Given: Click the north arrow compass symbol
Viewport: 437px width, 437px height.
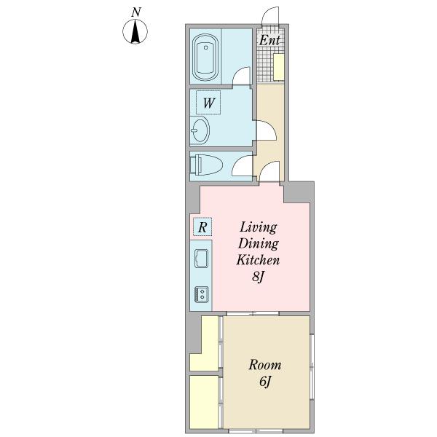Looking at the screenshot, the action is click(135, 31).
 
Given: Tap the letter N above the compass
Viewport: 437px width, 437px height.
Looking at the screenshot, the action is click(136, 12).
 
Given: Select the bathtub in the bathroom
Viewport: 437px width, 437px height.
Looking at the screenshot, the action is click(205, 58).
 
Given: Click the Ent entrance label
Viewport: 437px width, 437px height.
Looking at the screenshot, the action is click(269, 40).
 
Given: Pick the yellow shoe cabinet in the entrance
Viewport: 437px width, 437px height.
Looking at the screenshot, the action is click(279, 67).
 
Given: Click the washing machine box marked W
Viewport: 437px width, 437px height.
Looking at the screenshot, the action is click(208, 103).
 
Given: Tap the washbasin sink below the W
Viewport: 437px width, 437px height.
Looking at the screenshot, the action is click(200, 130).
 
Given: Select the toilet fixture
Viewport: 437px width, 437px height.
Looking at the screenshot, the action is click(206, 165).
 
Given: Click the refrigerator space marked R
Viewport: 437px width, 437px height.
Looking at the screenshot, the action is click(202, 227).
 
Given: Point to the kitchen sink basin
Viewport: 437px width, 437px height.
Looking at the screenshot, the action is click(201, 259).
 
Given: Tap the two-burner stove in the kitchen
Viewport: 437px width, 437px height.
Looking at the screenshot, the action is click(202, 294).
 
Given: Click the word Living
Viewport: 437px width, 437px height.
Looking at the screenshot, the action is click(259, 228).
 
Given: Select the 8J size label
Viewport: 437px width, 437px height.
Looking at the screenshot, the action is click(258, 277).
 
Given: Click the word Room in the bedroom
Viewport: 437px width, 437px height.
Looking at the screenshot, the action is click(265, 365).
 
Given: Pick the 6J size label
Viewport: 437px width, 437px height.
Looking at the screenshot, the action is click(265, 381).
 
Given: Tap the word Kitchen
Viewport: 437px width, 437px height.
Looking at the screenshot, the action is click(258, 260).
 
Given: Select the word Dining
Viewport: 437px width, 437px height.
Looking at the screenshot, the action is click(258, 244).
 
